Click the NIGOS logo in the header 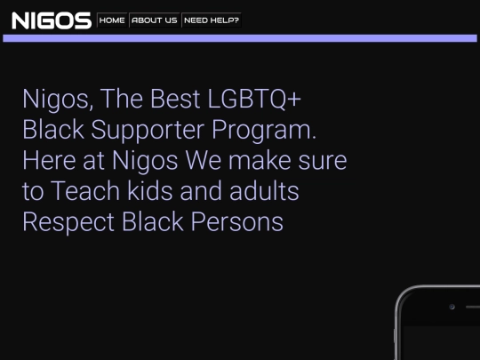[x=52, y=20]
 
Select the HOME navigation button [x=112, y=20]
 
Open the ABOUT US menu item [x=155, y=20]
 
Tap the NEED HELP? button [x=212, y=20]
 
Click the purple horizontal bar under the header [x=240, y=38]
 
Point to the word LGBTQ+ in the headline [x=254, y=100]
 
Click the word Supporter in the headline [x=148, y=131]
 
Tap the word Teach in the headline [x=84, y=191]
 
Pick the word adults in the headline [x=264, y=191]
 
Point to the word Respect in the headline [x=68, y=222]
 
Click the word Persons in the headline [x=237, y=221]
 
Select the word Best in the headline [x=175, y=100]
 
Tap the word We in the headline [x=203, y=160]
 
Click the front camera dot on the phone [x=452, y=307]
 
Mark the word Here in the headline [x=49, y=160]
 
